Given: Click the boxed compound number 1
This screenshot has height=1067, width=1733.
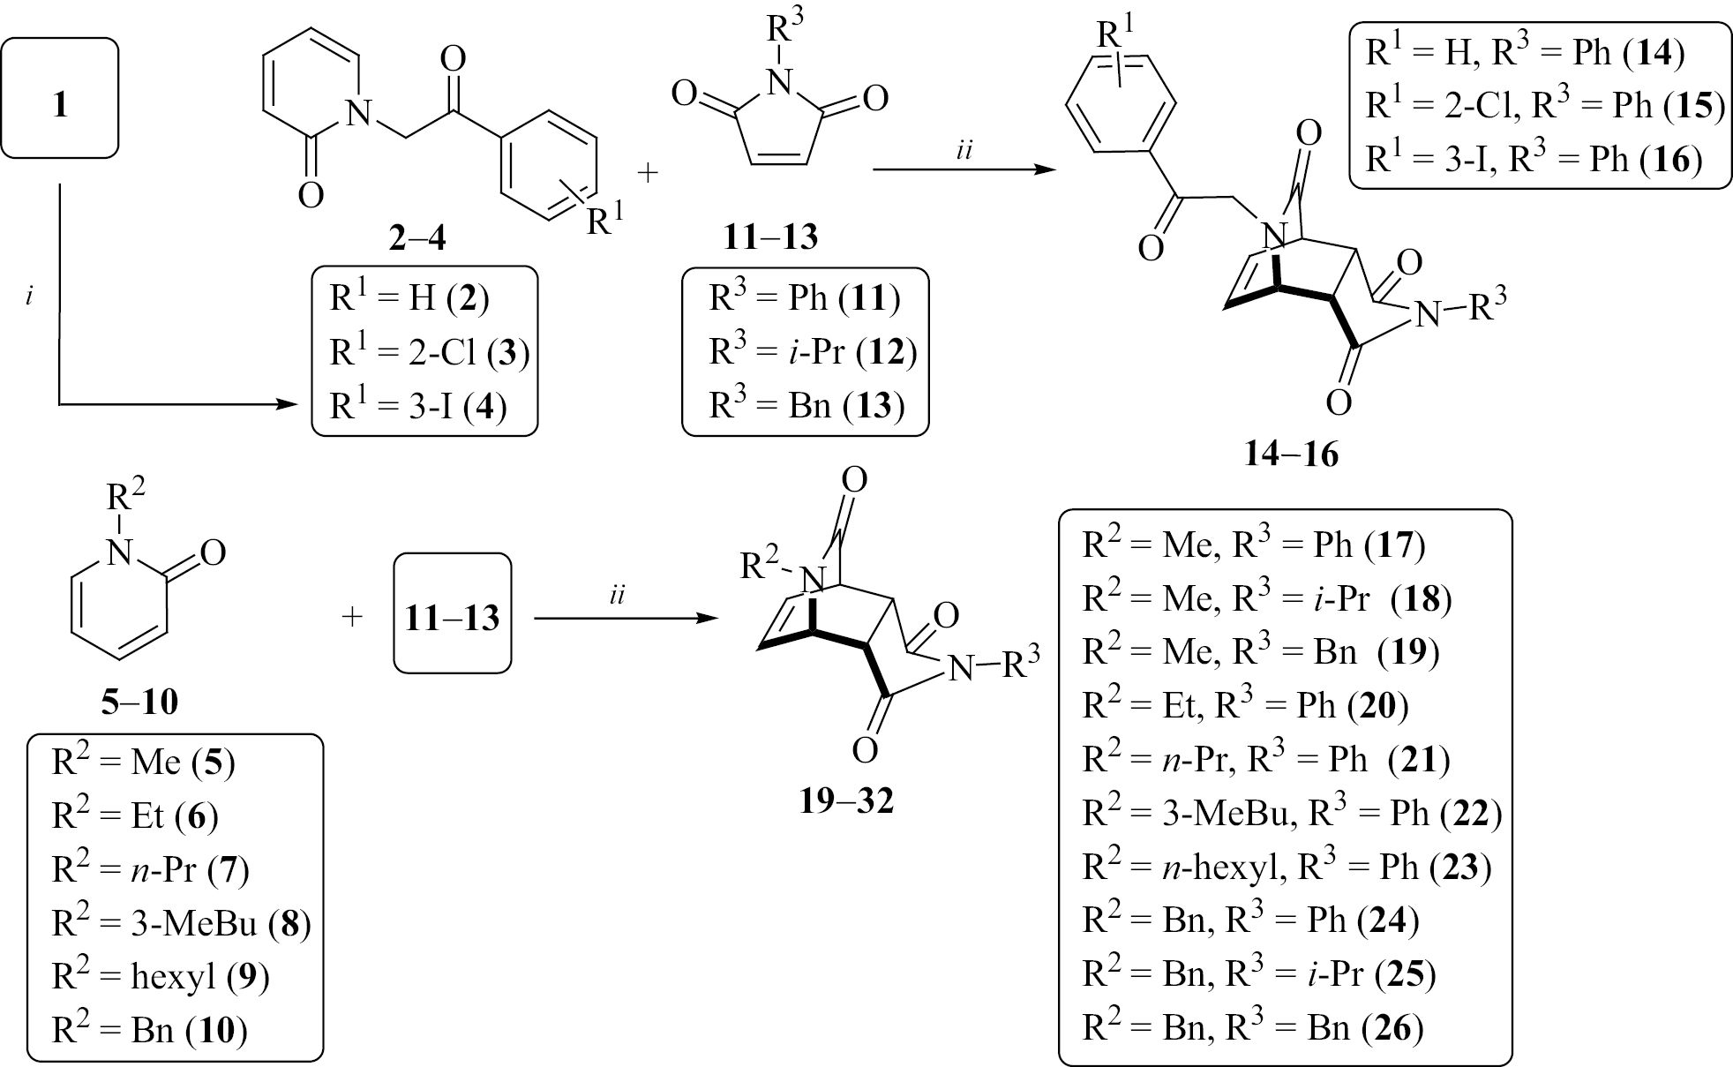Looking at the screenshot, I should (60, 105).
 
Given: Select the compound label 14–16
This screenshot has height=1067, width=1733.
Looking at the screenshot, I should (1290, 454).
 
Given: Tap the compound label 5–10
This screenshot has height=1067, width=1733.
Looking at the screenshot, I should (139, 703).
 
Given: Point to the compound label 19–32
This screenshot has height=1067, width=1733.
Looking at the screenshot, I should (846, 801).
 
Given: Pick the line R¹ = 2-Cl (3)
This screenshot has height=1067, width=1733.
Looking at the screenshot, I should (429, 353).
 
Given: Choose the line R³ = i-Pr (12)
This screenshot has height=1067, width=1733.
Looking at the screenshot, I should (813, 353).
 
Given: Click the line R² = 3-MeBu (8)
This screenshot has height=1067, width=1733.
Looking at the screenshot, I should (181, 923).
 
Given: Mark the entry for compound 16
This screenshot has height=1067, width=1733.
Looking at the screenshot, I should (1533, 160).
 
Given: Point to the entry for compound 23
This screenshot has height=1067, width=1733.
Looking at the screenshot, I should (1287, 868).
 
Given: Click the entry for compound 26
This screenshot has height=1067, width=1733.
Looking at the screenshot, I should (1253, 1028).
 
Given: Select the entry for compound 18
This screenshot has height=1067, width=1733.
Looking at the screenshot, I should (1267, 599).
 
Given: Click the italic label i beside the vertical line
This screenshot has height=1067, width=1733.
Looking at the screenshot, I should (30, 297).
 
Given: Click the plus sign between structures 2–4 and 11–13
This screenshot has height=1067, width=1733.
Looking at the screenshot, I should (648, 173).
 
